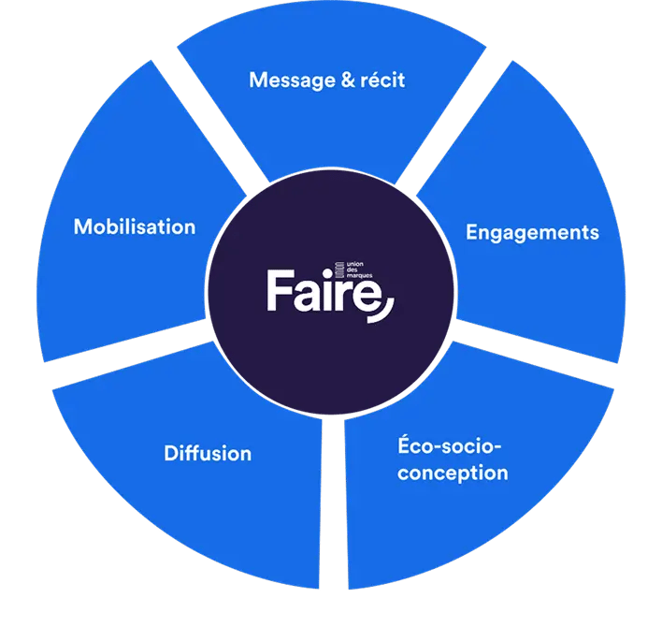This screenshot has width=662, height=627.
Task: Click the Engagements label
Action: pos(532,232)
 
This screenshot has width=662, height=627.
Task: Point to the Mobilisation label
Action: pos(135,226)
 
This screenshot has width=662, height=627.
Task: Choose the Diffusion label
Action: pos(208,454)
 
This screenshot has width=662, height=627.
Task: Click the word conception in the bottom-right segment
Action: pos(452,473)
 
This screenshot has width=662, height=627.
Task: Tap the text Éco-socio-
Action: pos(446,445)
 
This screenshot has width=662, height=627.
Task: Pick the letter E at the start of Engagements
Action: pos(472,232)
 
